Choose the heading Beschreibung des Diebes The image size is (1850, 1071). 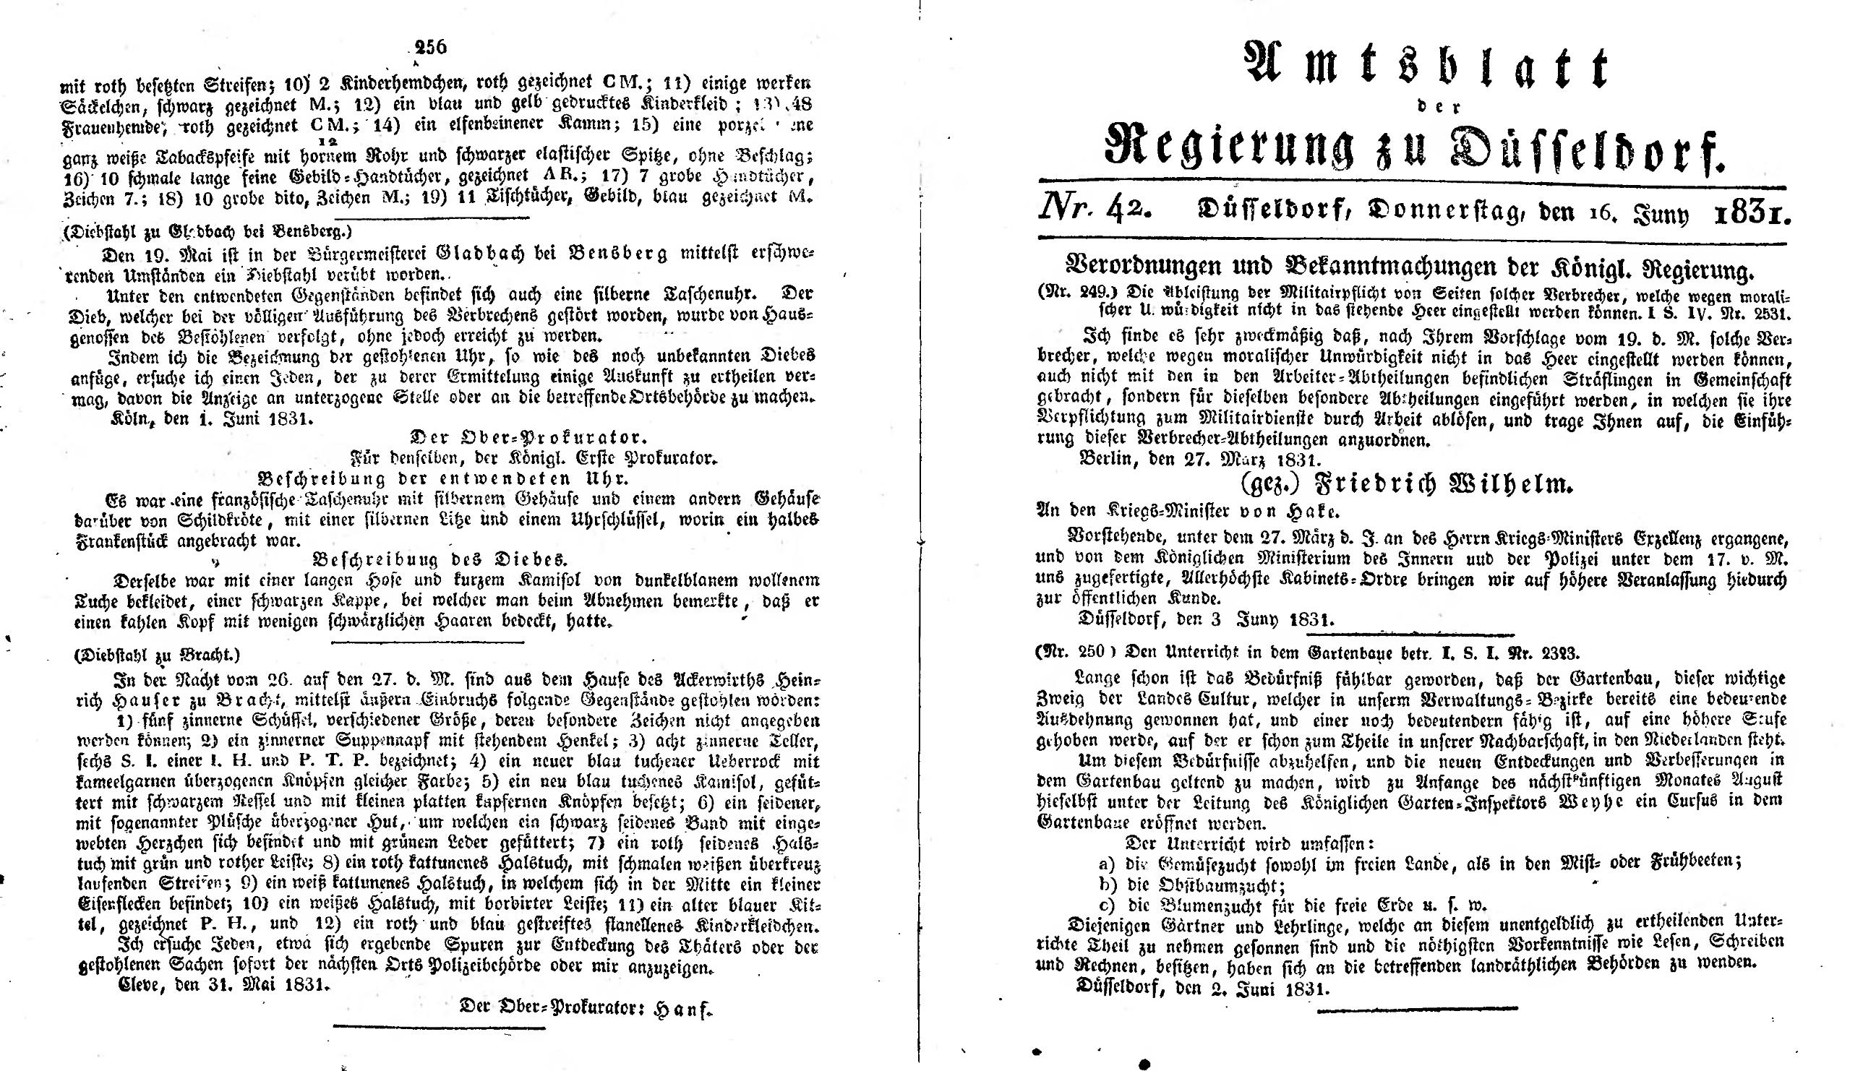[x=440, y=559]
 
